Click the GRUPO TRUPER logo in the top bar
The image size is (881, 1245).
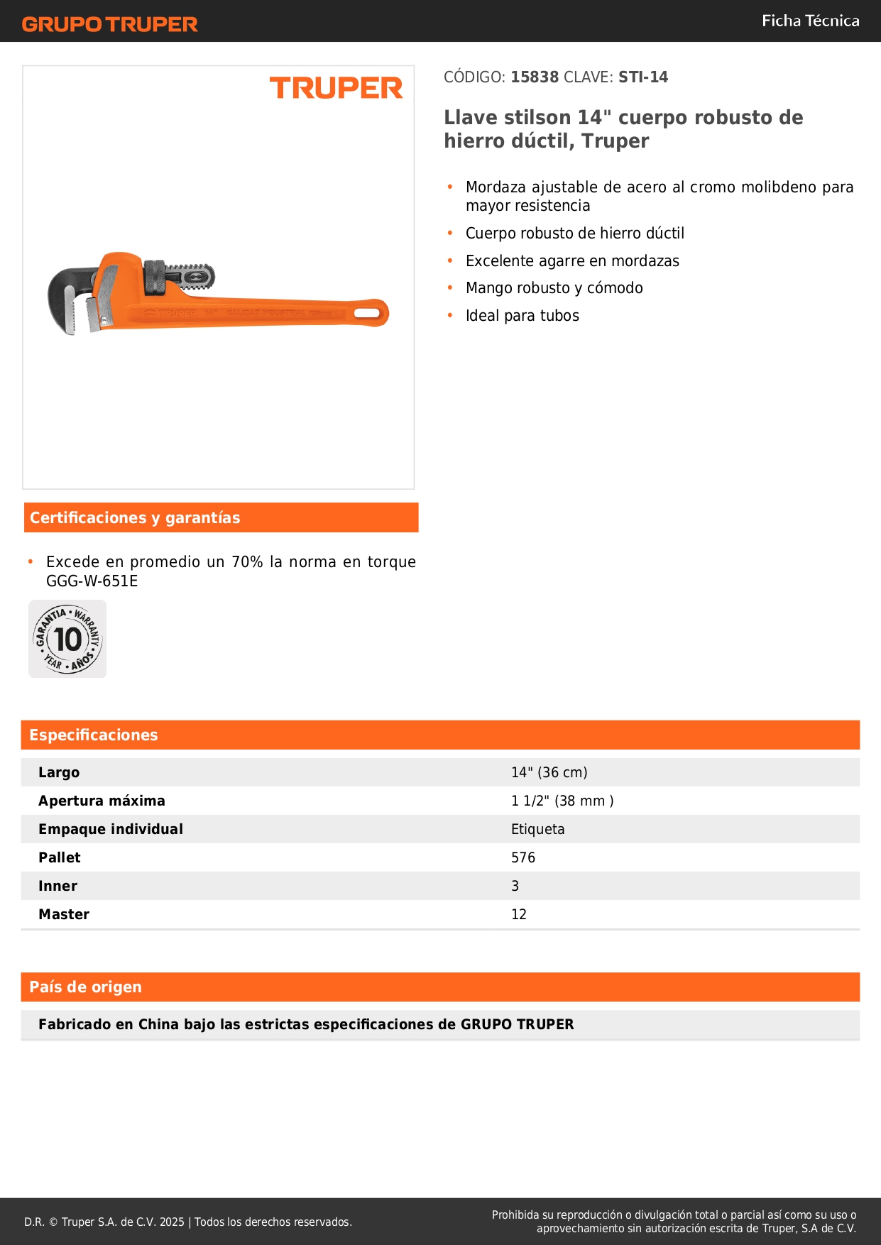(110, 24)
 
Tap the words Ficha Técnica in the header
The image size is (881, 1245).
(810, 21)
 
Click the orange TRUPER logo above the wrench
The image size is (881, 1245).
(336, 88)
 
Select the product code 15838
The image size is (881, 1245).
(535, 77)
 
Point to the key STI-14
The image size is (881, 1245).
(643, 77)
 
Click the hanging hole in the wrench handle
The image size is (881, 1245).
(367, 313)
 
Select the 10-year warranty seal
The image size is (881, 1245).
(67, 639)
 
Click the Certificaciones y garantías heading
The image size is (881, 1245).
(135, 517)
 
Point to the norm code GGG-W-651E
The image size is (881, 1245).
(92, 581)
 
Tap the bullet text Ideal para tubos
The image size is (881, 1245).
(522, 316)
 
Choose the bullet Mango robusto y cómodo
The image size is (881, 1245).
(554, 288)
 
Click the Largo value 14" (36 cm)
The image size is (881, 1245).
(549, 772)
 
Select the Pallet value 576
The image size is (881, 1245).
(523, 857)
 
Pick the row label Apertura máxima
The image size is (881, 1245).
(102, 801)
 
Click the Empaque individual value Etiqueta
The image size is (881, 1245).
(537, 829)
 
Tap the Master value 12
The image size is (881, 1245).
(519, 914)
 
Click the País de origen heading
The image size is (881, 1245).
(85, 987)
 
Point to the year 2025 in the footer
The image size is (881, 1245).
(172, 1222)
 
